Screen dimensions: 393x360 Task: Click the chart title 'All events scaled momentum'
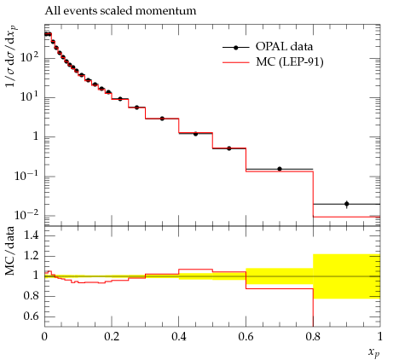coord(120,11)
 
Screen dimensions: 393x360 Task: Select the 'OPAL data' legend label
coord(284,46)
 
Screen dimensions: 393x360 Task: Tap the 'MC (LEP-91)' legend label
coord(290,61)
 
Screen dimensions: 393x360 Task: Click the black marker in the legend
coord(235,48)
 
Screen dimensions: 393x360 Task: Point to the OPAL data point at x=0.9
coord(346,204)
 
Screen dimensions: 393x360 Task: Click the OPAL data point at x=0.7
coord(280,169)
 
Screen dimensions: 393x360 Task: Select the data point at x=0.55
coord(229,148)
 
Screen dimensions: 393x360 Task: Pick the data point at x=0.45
coord(195,134)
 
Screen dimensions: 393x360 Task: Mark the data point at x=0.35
coord(162,119)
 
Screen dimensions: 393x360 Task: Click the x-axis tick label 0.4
coord(179,337)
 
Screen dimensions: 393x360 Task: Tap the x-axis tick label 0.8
coord(313,337)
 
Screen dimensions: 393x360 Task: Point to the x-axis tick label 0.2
coord(112,337)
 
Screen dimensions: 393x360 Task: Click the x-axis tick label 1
coord(380,337)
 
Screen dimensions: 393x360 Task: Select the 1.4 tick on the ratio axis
coord(32,235)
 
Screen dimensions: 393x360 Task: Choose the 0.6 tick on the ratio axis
coord(32,316)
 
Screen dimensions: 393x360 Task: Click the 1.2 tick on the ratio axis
coord(32,256)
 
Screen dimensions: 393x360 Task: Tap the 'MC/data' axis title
coord(10,251)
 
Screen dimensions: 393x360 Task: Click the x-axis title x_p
coord(374,352)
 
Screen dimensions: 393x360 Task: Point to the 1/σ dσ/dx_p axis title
coord(11,56)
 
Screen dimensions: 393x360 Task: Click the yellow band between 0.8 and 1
coord(347,276)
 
